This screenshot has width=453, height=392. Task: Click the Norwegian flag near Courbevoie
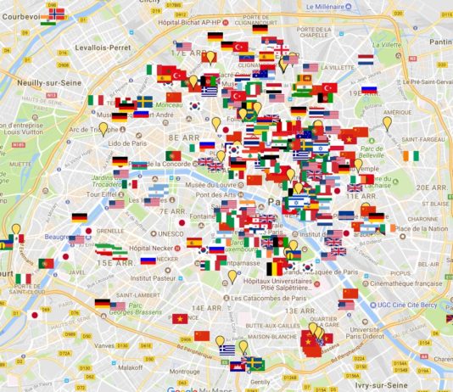[x=56, y=13]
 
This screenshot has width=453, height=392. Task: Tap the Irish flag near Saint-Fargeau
[x=411, y=157]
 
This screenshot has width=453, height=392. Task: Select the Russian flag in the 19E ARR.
[x=369, y=90]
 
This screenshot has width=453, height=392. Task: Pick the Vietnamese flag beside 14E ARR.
[x=180, y=318]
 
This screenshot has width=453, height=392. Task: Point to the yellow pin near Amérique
[x=387, y=123]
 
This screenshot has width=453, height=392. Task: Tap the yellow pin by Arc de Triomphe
[x=103, y=130]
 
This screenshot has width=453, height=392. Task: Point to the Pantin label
[x=440, y=41]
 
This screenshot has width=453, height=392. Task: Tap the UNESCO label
[x=171, y=233]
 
